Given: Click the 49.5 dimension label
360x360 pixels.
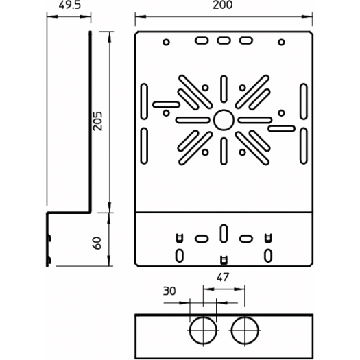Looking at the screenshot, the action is point(70,5).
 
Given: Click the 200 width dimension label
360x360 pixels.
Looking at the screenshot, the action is point(222,5).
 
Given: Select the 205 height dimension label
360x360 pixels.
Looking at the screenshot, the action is point(97,121).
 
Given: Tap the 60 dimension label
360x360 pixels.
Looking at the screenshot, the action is point(97,243).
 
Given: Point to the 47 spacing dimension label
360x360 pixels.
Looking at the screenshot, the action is point(222,277).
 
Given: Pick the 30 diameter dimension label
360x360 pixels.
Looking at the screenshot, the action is point(169,291).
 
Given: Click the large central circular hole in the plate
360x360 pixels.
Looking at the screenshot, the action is point(224,120).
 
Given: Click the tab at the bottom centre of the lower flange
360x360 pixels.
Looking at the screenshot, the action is point(224,260).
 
